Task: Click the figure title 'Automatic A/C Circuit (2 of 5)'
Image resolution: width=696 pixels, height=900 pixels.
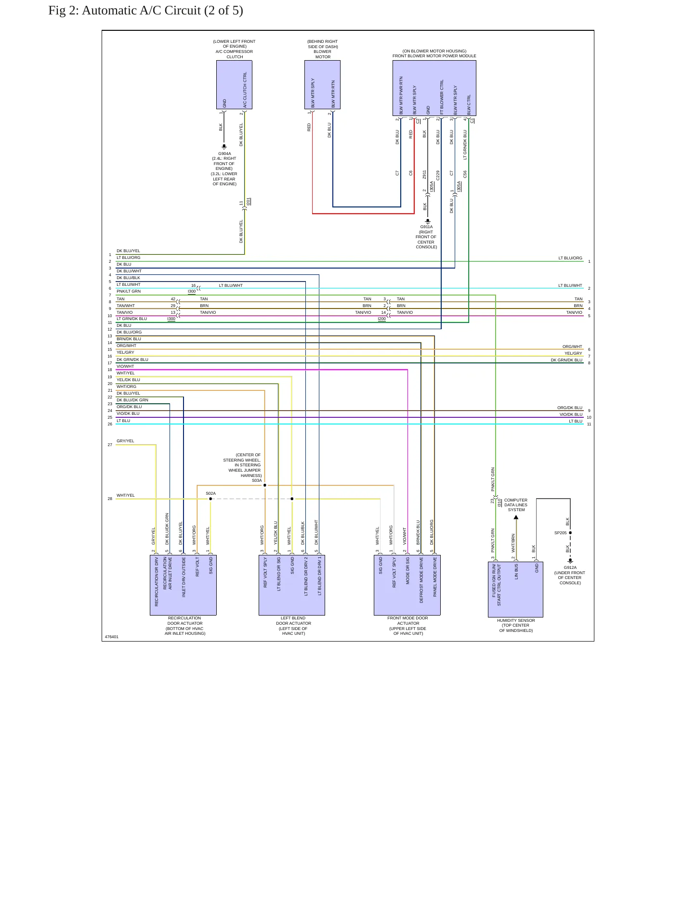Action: [x=162, y=11]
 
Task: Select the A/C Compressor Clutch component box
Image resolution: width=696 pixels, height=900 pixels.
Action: [x=234, y=85]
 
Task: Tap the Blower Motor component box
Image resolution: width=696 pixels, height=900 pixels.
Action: [x=322, y=85]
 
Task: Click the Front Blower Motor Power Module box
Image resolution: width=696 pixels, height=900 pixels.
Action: [x=434, y=88]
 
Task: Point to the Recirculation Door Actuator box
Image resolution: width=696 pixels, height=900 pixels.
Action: [x=183, y=585]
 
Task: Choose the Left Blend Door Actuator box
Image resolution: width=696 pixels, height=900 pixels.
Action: [x=292, y=585]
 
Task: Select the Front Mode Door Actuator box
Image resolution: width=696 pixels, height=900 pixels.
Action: [x=407, y=585]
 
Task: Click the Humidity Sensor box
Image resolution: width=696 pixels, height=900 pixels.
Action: [x=515, y=589]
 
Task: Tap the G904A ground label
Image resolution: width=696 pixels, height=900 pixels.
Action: [x=224, y=154]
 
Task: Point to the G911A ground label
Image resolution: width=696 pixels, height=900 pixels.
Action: [x=426, y=227]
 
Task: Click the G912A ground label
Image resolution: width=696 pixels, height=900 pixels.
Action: [x=570, y=567]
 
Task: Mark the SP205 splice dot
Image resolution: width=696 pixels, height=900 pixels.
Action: [x=570, y=533]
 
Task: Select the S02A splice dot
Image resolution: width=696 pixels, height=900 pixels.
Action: [x=210, y=499]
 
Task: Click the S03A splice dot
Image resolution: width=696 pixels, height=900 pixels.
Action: [x=264, y=485]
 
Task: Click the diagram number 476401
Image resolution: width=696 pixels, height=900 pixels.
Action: [x=111, y=637]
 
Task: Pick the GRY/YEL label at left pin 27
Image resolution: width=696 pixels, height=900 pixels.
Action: [x=125, y=441]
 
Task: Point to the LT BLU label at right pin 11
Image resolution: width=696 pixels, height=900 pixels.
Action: [x=576, y=421]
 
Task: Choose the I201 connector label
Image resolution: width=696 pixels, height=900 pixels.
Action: [x=248, y=201]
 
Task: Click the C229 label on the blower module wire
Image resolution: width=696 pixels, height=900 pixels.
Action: [x=438, y=175]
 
